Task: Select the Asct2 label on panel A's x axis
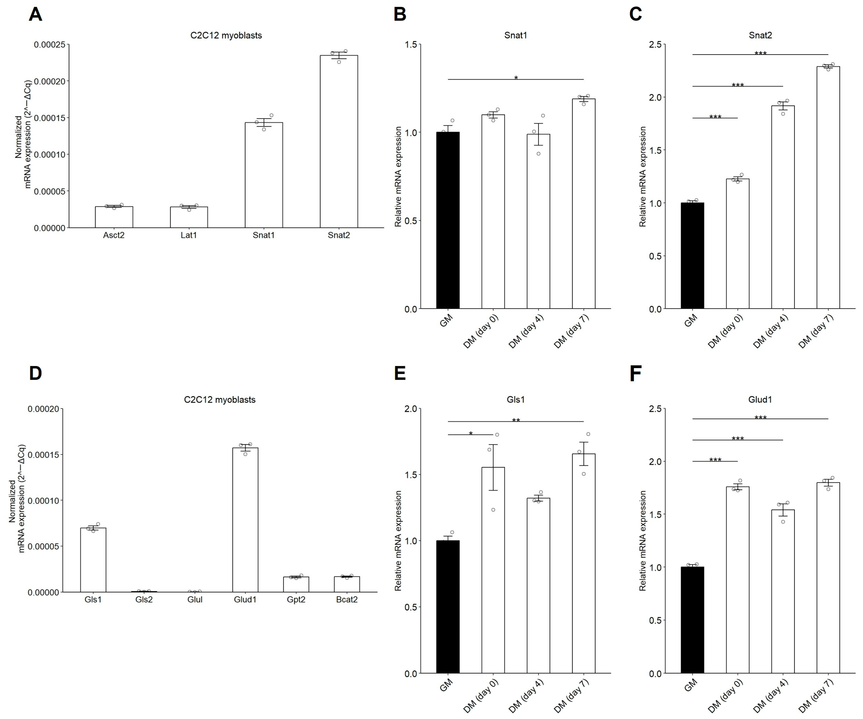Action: (x=114, y=235)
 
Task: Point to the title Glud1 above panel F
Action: (x=760, y=399)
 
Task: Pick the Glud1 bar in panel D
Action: (x=245, y=520)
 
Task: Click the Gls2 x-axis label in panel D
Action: (x=144, y=599)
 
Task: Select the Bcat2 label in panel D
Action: (x=347, y=599)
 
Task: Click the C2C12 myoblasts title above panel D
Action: (x=220, y=400)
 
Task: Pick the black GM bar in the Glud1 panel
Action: (x=693, y=620)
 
